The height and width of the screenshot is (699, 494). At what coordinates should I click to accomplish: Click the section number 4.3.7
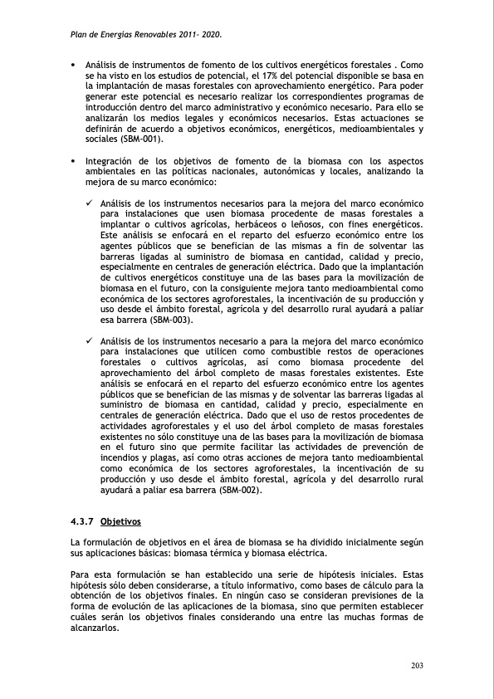click(82, 522)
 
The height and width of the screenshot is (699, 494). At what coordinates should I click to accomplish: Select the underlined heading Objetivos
click(120, 522)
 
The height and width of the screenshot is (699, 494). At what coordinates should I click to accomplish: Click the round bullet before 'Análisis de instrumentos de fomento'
click(73, 65)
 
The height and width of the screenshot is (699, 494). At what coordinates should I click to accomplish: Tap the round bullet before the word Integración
click(73, 161)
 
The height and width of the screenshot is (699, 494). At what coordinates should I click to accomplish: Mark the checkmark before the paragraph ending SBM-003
click(90, 203)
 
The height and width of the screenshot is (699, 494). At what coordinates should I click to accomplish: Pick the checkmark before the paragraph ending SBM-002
click(90, 341)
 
